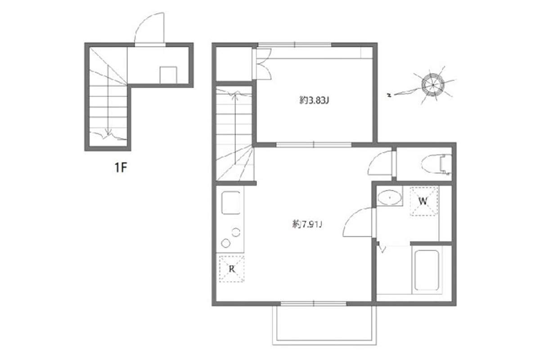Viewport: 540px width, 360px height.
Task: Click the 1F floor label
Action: (x=121, y=167)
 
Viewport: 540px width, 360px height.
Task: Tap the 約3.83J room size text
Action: (x=314, y=100)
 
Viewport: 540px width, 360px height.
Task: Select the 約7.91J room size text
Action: (x=307, y=225)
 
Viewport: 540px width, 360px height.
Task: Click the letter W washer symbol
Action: (x=424, y=201)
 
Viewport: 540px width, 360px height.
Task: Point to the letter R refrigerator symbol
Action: (x=232, y=269)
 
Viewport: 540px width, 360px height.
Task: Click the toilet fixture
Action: (x=436, y=164)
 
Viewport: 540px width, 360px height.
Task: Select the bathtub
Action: (x=427, y=270)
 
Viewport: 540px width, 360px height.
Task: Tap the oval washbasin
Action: (x=389, y=198)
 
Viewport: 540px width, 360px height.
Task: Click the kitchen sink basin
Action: (x=231, y=202)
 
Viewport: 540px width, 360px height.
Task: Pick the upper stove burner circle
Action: (x=236, y=232)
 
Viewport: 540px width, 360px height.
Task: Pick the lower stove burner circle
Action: (x=225, y=243)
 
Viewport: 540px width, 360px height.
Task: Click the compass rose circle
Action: (x=433, y=85)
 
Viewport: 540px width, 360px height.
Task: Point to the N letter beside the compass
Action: (x=389, y=95)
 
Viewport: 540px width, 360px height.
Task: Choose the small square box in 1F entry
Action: (x=168, y=75)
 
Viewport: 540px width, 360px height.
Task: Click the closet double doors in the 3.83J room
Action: (x=263, y=64)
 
